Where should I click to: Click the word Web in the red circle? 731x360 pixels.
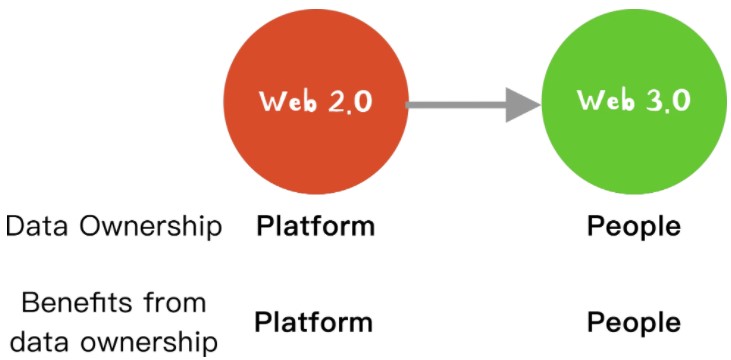click(286, 101)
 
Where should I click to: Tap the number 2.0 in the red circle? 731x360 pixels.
click(350, 102)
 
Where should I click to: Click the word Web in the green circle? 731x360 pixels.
click(604, 99)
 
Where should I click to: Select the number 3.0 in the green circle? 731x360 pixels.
click(668, 100)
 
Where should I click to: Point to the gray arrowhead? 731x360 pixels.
click(522, 105)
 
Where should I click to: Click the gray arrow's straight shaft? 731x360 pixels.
click(456, 105)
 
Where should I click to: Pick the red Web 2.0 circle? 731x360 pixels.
click(316, 102)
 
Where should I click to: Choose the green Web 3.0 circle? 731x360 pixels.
click(634, 102)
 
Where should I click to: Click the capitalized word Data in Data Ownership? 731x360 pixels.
click(39, 227)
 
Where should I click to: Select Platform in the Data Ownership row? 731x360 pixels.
click(316, 227)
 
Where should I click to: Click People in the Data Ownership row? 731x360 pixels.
click(634, 228)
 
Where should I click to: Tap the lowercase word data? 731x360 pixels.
click(37, 343)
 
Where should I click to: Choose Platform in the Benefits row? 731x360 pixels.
click(314, 322)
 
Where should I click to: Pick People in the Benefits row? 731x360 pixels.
click(634, 324)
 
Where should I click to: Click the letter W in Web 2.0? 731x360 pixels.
click(271, 101)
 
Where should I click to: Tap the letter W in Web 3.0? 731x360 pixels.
click(589, 99)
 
